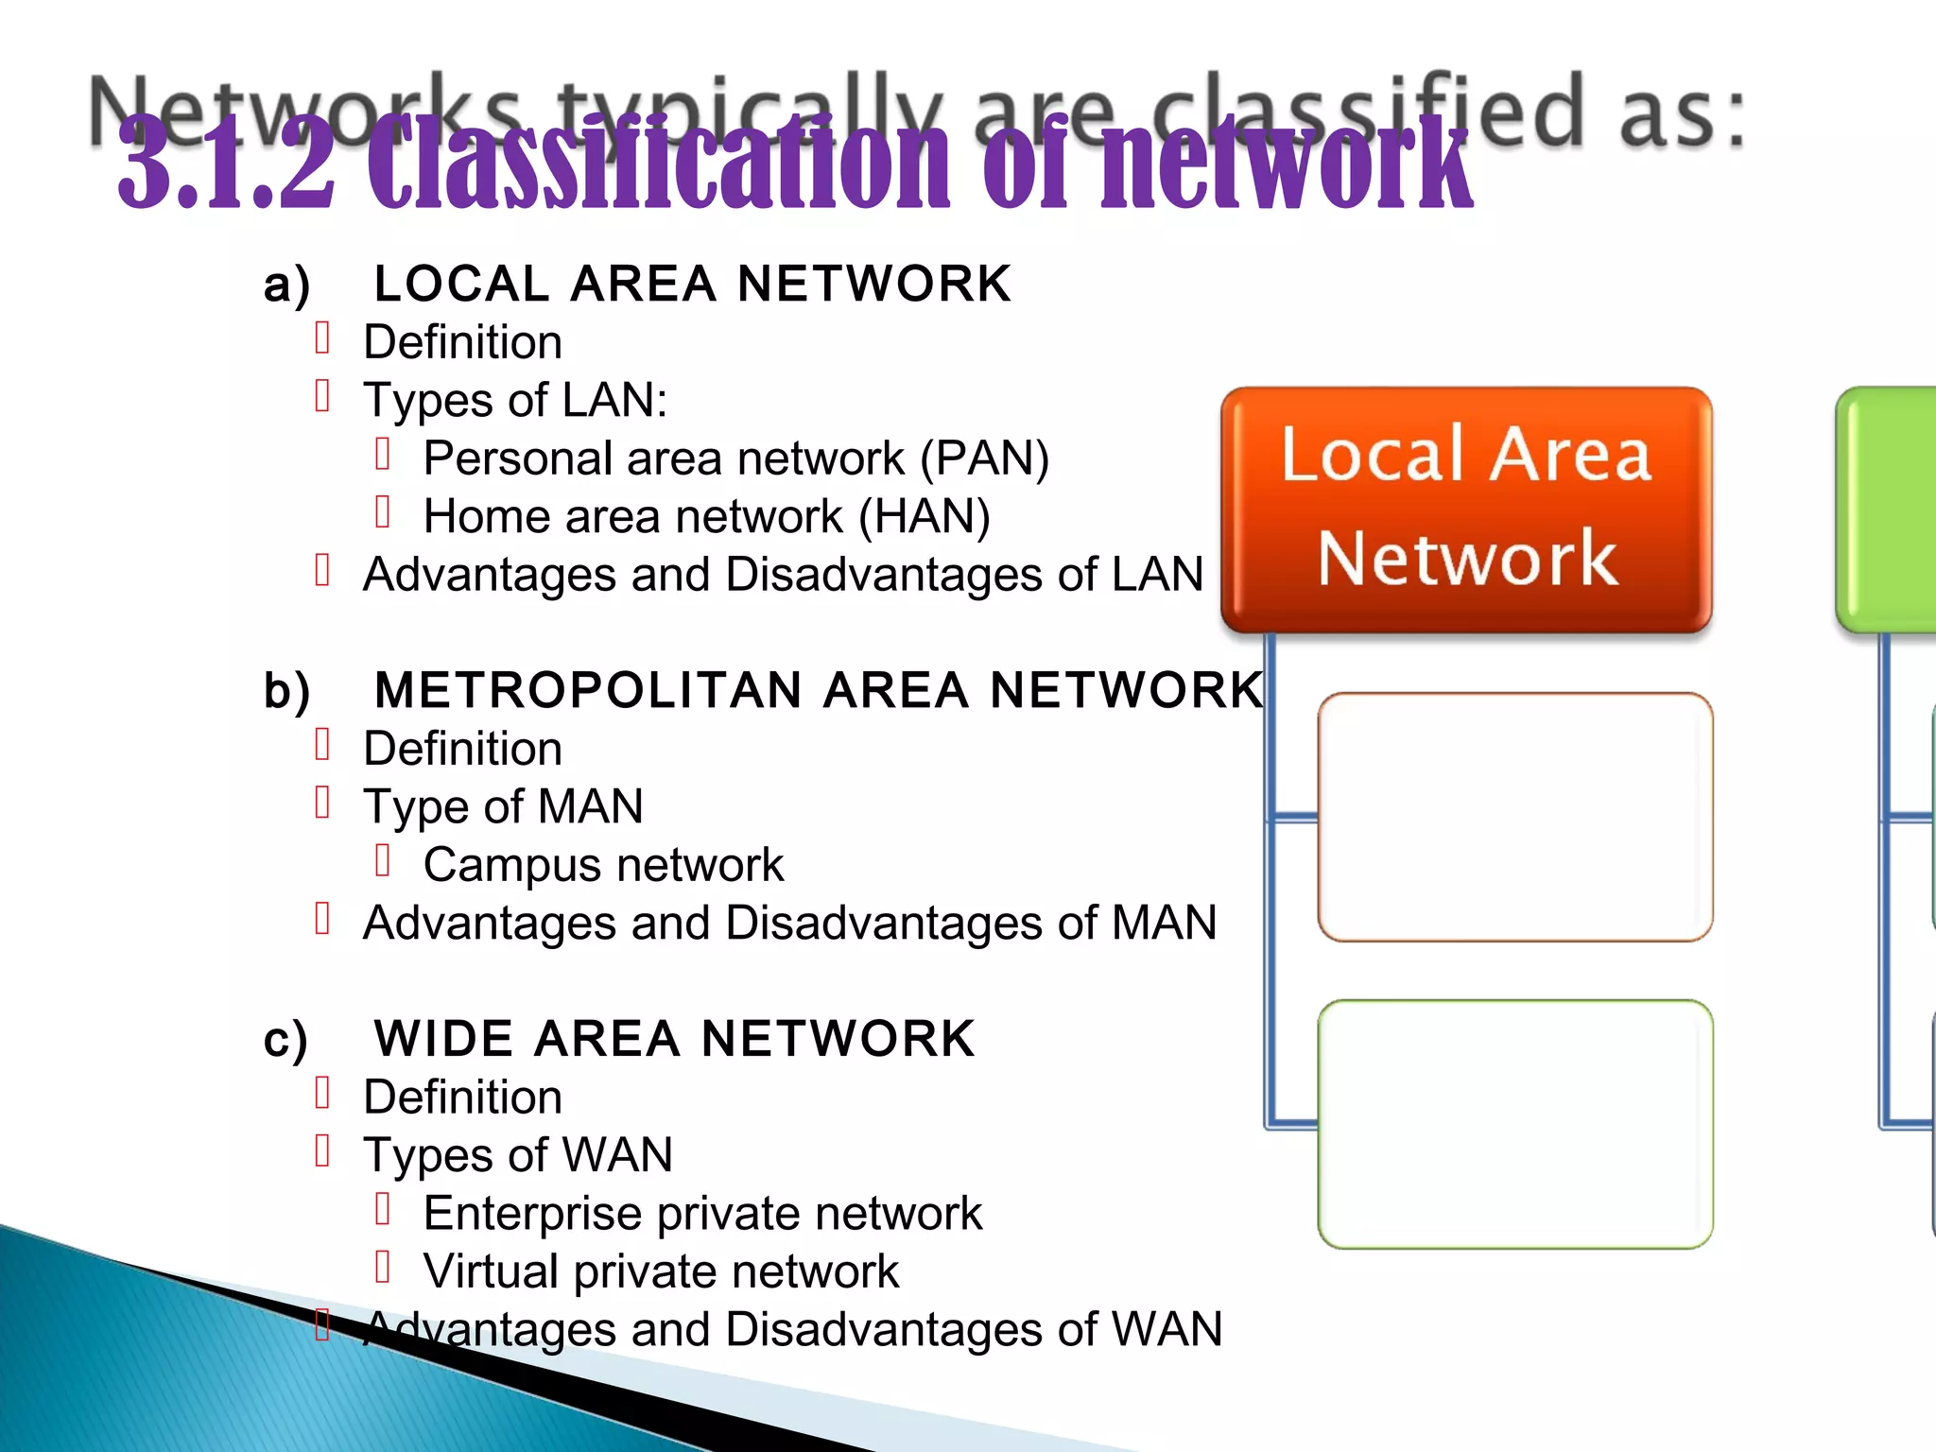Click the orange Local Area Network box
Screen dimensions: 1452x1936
point(1465,509)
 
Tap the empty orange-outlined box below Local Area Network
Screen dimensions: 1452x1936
point(1514,817)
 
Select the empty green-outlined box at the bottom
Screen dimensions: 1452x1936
point(1514,1124)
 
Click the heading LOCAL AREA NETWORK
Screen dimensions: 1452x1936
point(692,284)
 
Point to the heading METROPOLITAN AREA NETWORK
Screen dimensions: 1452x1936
point(819,689)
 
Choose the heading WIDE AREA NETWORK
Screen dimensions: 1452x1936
point(674,1038)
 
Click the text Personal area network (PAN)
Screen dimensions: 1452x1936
point(735,458)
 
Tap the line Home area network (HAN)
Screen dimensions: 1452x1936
point(706,516)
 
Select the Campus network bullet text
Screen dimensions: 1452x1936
point(603,865)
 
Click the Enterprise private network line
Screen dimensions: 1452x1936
point(702,1213)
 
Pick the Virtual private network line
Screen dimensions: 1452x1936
point(661,1271)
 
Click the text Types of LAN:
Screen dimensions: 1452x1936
point(515,400)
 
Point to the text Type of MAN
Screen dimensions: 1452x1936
point(503,806)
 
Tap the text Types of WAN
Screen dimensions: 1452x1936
point(518,1155)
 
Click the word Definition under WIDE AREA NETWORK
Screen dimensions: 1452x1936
point(462,1097)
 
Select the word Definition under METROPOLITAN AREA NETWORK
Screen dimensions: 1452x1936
point(462,749)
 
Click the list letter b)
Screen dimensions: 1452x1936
point(286,690)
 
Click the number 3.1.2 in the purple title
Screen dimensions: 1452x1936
point(227,163)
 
